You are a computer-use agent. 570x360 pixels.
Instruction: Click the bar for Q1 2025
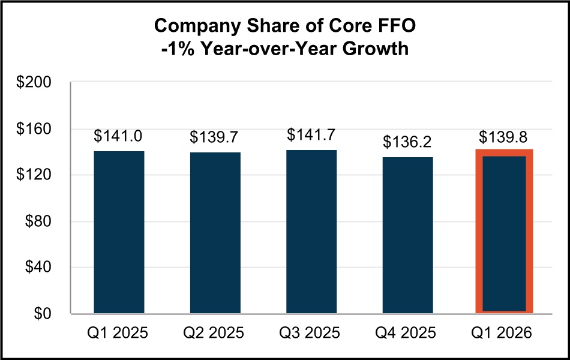tap(119, 232)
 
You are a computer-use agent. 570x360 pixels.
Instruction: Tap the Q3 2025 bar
tap(311, 232)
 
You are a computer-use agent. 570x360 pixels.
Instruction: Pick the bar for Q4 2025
tap(407, 235)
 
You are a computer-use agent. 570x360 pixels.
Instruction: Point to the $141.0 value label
tap(119, 136)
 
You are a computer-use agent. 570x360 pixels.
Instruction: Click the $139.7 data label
tap(215, 137)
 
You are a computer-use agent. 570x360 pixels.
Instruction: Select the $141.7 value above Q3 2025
tap(311, 135)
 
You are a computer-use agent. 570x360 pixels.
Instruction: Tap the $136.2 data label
tap(407, 142)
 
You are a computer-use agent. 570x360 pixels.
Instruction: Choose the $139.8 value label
tap(504, 136)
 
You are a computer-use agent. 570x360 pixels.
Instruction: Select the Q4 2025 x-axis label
tap(407, 332)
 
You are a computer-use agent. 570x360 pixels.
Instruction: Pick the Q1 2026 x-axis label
tap(504, 332)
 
